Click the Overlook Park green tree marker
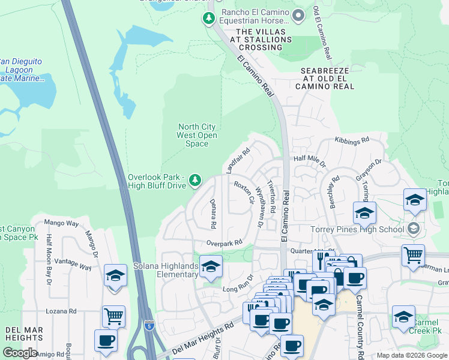coord(194,179)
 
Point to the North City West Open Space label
coord(196,135)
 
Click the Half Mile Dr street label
coord(309,161)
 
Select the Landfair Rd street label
coord(238,160)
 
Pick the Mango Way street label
coord(62,223)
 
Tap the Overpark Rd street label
coord(223,242)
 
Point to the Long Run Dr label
coord(235,289)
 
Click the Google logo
coord(20,353)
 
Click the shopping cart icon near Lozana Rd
coord(113,316)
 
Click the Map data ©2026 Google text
coord(412,355)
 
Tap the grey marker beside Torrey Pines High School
coord(412,228)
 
